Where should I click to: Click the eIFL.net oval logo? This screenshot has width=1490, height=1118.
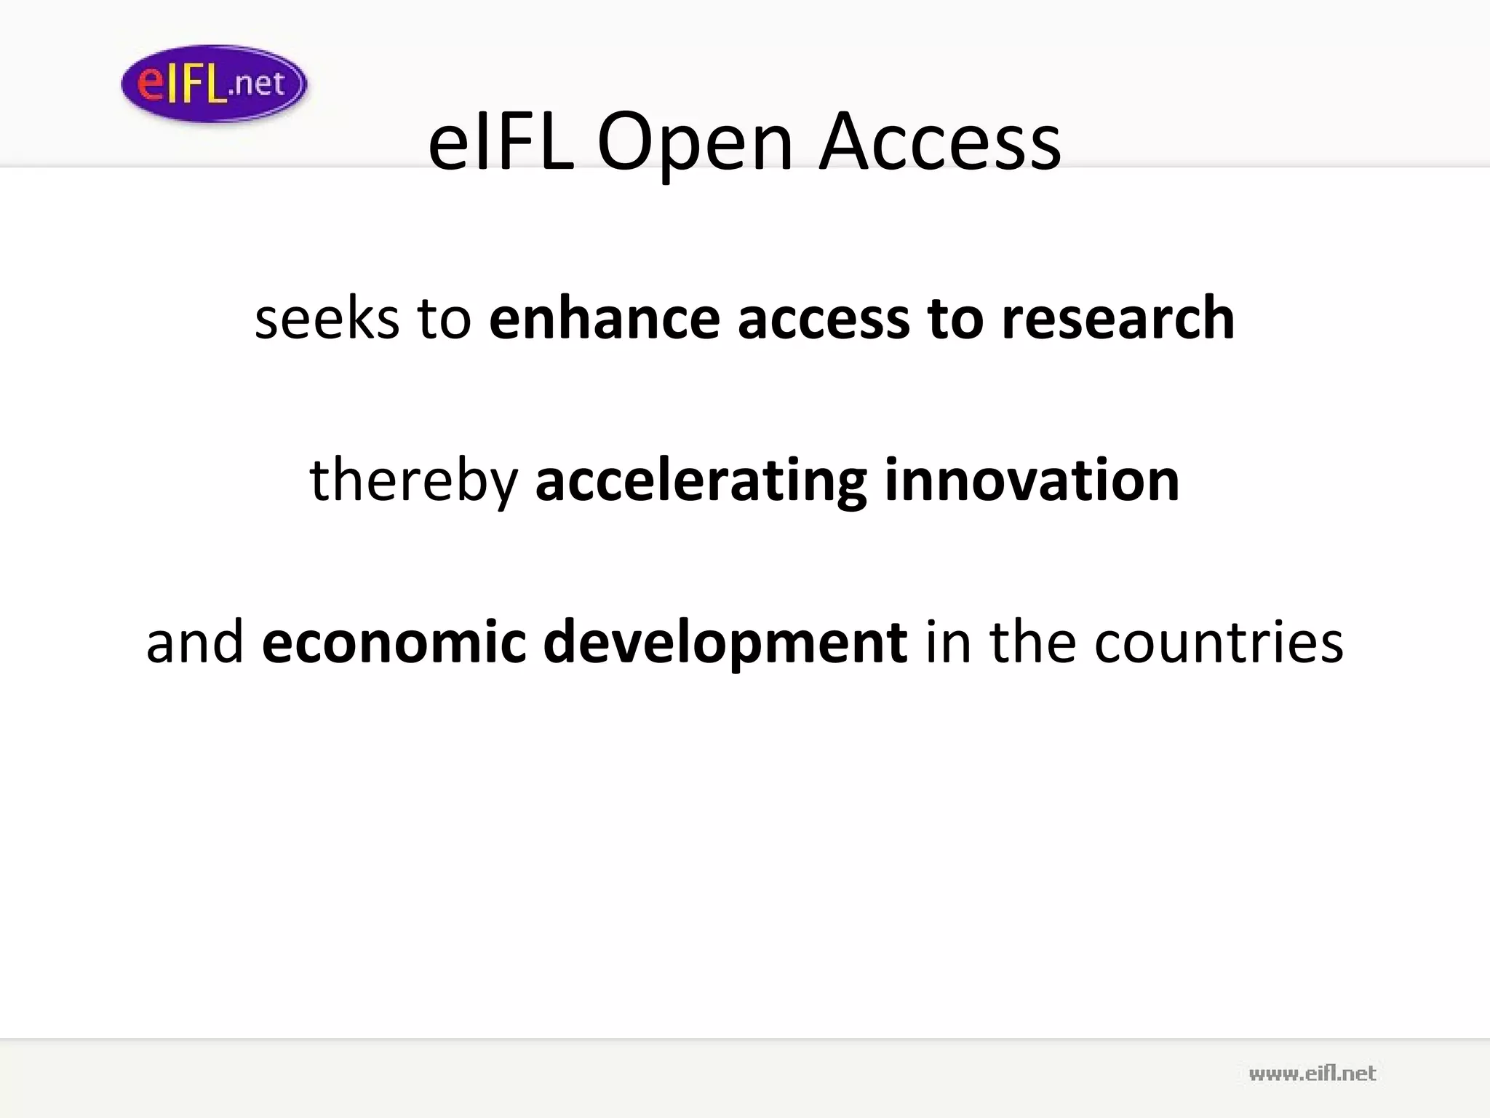coord(214,84)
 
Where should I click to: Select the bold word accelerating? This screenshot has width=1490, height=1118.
coord(701,482)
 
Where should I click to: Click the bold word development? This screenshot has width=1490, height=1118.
coord(725,643)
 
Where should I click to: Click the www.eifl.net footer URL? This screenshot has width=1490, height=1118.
coord(1312,1074)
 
